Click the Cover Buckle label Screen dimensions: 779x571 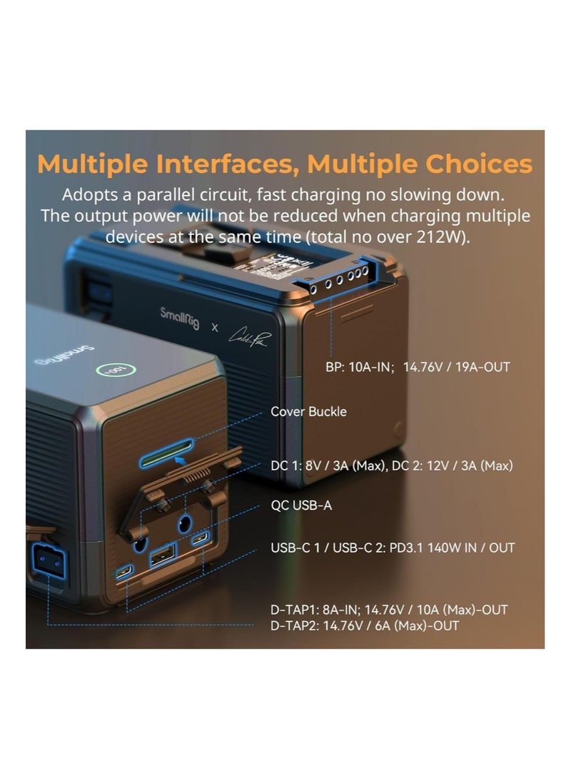[x=308, y=411]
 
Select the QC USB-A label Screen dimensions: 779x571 [x=301, y=505]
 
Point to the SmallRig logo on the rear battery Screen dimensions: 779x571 [x=179, y=316]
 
